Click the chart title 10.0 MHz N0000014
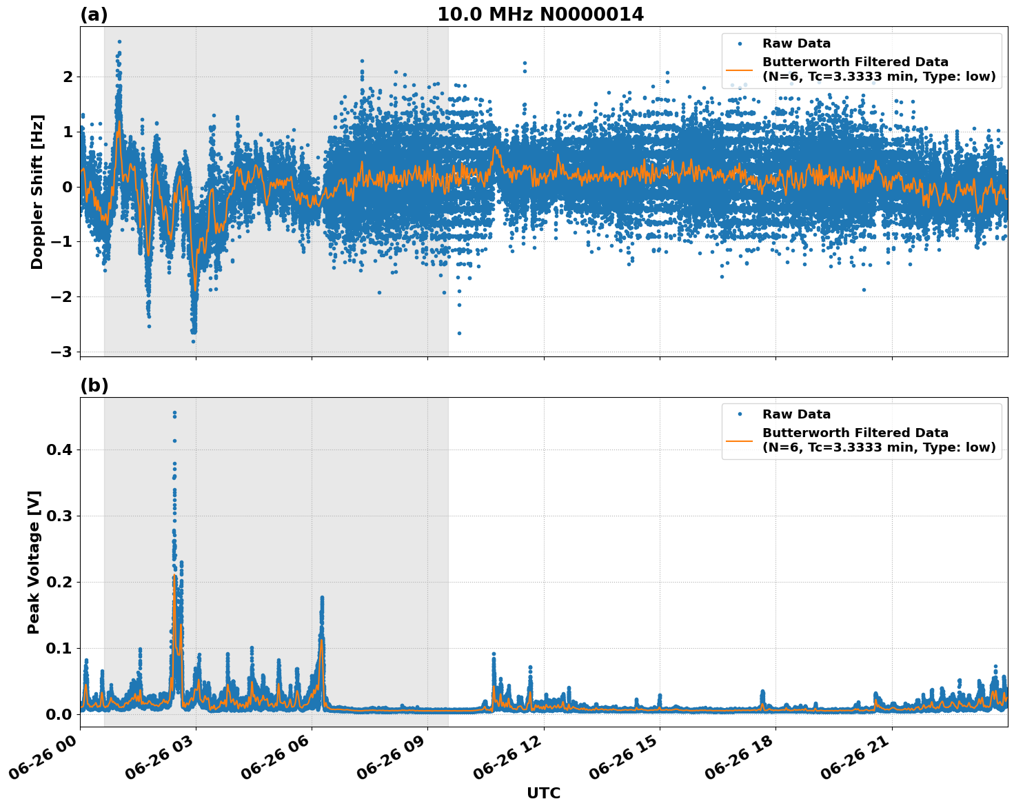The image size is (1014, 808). [x=540, y=14]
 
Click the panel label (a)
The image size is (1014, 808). [x=94, y=14]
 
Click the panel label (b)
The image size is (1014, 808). [x=94, y=385]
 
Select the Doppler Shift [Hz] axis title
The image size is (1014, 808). [x=37, y=192]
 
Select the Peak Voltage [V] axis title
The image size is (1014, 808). [x=34, y=562]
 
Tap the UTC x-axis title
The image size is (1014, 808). [x=543, y=793]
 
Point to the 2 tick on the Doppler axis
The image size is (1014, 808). [x=68, y=76]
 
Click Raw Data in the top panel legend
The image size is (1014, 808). [x=796, y=43]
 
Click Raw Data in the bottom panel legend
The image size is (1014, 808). [x=796, y=414]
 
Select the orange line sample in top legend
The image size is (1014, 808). [x=739, y=69]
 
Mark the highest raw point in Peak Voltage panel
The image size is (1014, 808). [x=174, y=413]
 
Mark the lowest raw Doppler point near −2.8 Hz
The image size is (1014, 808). [x=193, y=341]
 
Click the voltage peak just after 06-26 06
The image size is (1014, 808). [x=321, y=598]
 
